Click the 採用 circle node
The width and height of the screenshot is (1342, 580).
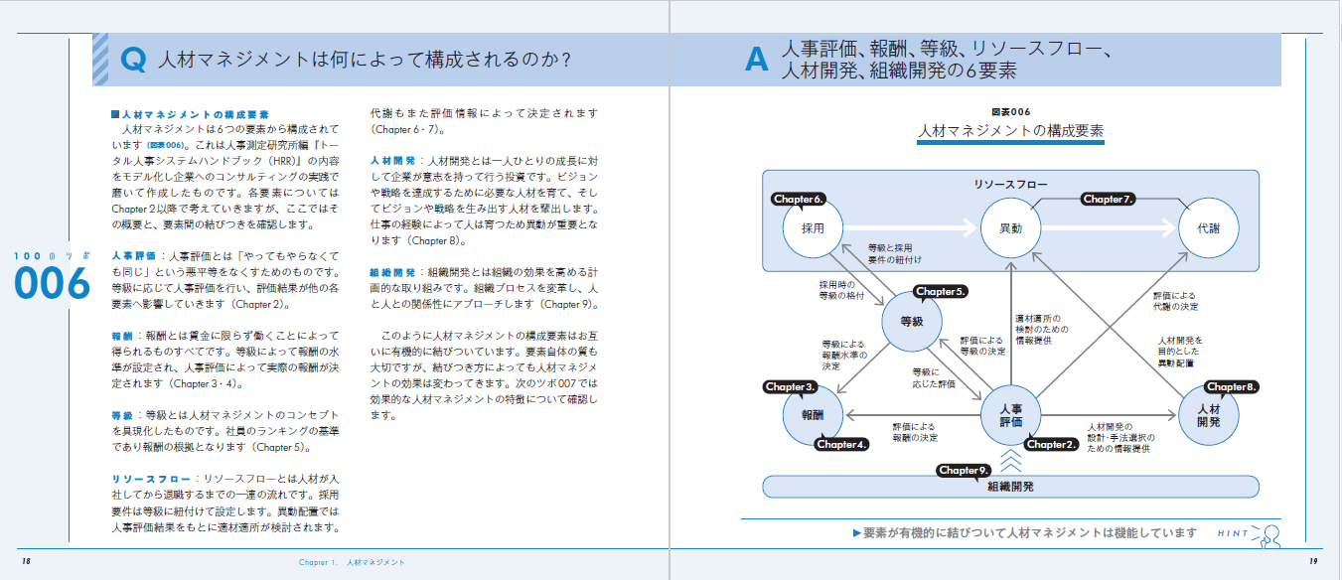point(812,227)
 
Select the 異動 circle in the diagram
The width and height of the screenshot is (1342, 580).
point(1010,227)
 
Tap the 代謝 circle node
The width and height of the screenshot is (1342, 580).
point(1209,227)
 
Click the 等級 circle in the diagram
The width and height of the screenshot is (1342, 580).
point(912,321)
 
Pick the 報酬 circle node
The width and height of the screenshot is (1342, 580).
point(813,415)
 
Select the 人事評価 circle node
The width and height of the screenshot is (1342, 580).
point(1010,415)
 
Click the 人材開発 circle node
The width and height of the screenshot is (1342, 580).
point(1209,415)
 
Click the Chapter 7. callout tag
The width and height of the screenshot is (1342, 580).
point(1108,199)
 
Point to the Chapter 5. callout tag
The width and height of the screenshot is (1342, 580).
point(940,292)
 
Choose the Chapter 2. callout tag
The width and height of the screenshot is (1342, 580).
point(1051,444)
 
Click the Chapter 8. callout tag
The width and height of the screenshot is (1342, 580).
point(1232,386)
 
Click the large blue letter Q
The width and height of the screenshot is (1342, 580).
point(133,61)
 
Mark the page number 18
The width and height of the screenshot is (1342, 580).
point(26,562)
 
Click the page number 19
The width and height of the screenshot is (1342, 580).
point(1312,562)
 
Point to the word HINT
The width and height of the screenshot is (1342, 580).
point(1233,533)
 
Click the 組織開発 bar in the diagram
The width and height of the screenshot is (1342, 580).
point(1010,487)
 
